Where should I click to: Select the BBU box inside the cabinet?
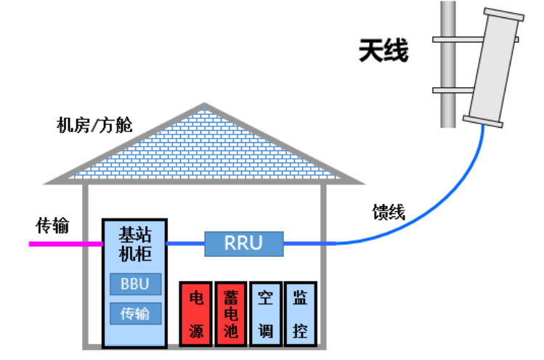pyautogui.click(x=135, y=284)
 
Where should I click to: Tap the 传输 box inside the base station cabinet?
pyautogui.click(x=135, y=314)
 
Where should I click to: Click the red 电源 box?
pyautogui.click(x=195, y=313)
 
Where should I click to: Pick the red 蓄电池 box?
pyautogui.click(x=230, y=313)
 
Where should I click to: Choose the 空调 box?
pyautogui.click(x=265, y=313)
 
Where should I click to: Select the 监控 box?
pyautogui.click(x=300, y=313)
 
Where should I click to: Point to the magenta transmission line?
pyautogui.click(x=65, y=244)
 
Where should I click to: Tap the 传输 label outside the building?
pyautogui.click(x=52, y=226)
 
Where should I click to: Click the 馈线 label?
pyautogui.click(x=389, y=212)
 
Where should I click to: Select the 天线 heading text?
pyautogui.click(x=383, y=52)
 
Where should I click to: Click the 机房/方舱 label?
pyautogui.click(x=94, y=125)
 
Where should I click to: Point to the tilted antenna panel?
pyautogui.click(x=494, y=69)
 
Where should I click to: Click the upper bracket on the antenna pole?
pyautogui.click(x=450, y=38)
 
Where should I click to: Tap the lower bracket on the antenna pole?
pyautogui.click(x=450, y=91)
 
